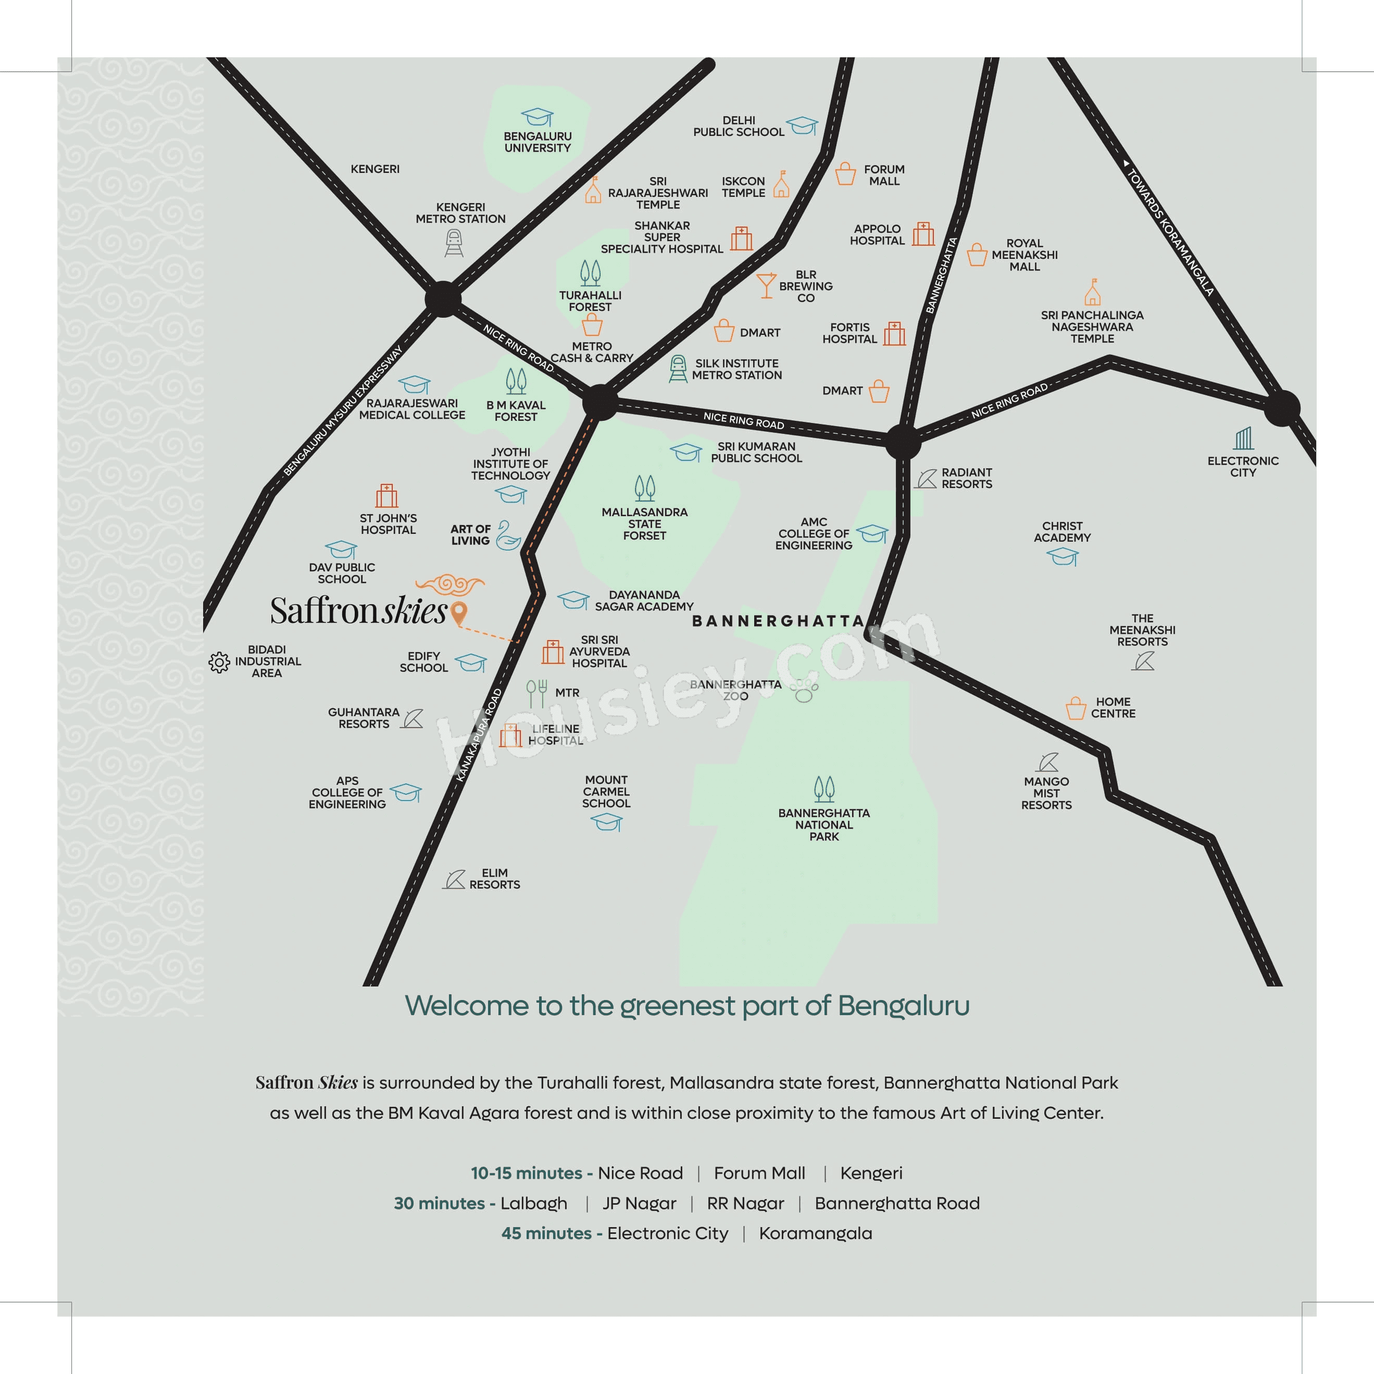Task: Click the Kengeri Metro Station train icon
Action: point(454,243)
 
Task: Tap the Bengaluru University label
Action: point(537,142)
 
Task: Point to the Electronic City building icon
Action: point(1243,438)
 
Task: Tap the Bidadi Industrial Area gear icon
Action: point(219,662)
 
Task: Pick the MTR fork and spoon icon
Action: point(537,693)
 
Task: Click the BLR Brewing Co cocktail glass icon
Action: point(766,285)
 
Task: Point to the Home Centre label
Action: point(1113,708)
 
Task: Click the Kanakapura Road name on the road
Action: point(479,735)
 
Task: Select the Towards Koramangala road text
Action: point(1170,228)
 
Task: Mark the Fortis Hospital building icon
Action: point(894,333)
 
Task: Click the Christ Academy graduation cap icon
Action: point(1063,557)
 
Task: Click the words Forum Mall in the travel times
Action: point(759,1173)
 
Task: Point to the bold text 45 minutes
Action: point(546,1233)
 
